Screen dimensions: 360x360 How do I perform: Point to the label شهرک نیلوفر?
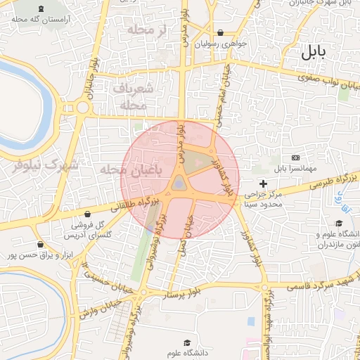click(x=44, y=165)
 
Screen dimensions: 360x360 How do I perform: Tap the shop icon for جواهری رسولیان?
click(x=221, y=32)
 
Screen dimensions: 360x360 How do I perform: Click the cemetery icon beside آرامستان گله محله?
click(x=38, y=8)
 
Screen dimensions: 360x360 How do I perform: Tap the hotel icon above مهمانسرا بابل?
click(x=295, y=157)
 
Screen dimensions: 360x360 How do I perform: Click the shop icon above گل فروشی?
click(x=87, y=214)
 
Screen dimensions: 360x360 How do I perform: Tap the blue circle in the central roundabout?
click(x=179, y=184)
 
